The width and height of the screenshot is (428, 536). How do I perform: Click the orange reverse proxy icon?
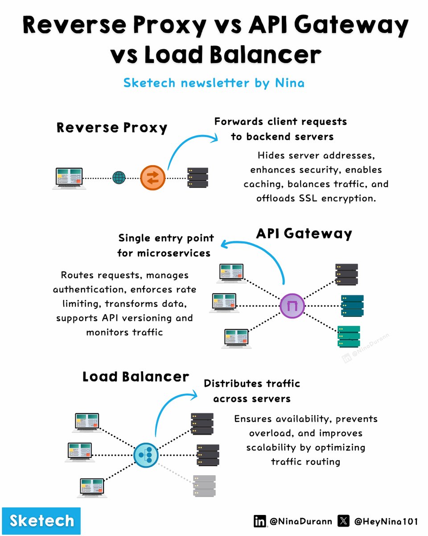point(153,178)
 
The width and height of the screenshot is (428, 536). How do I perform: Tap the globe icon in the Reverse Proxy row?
point(119,178)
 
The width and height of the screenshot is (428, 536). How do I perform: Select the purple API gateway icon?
point(292,306)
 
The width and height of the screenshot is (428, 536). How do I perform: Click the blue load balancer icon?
point(146,455)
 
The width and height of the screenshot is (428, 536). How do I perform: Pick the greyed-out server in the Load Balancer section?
point(204,486)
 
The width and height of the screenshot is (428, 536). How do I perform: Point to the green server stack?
point(349,337)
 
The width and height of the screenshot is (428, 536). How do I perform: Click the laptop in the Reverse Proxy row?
point(68,178)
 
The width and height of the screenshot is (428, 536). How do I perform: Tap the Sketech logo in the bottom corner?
point(42,521)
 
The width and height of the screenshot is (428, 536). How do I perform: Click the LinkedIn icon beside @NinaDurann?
point(259,521)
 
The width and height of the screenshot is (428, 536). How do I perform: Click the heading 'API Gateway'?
point(304,234)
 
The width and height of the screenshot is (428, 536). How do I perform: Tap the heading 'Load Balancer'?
point(136,377)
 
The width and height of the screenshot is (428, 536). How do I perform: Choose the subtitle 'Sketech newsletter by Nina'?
point(214,83)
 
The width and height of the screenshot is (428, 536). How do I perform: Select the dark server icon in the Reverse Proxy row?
point(198,177)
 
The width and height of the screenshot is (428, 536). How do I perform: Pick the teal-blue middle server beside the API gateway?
point(352,306)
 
